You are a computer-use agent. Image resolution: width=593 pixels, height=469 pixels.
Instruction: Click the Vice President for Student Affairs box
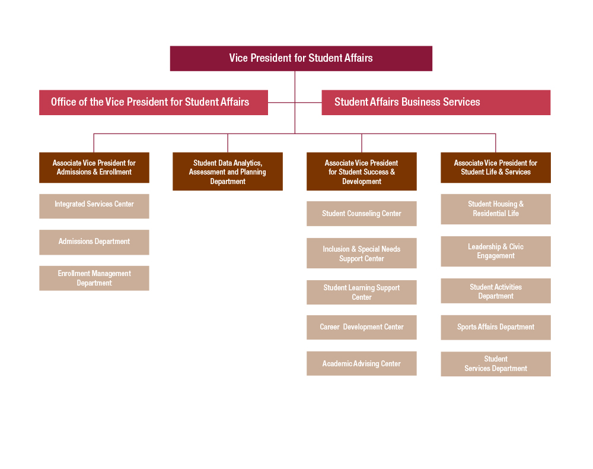click(301, 58)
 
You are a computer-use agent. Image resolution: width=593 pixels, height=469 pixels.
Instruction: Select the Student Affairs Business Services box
click(436, 102)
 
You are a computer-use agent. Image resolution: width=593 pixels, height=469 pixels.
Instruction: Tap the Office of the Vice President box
click(153, 102)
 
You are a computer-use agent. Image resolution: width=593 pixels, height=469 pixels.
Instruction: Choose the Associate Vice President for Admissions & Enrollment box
click(94, 167)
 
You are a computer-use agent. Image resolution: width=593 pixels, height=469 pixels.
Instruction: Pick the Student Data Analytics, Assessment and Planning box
click(228, 172)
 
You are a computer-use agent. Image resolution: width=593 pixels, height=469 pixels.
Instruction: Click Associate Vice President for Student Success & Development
click(361, 172)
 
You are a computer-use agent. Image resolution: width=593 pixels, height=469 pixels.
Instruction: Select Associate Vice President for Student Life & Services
click(495, 167)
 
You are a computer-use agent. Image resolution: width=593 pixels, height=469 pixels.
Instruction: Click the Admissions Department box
click(94, 242)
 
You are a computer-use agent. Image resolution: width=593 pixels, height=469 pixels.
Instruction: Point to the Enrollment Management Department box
click(94, 278)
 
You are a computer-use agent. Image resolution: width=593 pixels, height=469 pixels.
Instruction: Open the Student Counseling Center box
click(361, 214)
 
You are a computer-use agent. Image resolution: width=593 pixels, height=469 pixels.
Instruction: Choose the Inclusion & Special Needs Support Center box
click(361, 253)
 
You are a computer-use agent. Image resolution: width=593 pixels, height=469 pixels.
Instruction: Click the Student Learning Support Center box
click(361, 292)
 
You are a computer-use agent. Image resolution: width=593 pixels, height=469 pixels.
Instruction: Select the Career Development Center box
click(361, 327)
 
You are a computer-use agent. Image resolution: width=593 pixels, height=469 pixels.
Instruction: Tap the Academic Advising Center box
click(361, 363)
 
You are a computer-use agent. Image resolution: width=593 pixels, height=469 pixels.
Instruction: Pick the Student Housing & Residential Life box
click(495, 209)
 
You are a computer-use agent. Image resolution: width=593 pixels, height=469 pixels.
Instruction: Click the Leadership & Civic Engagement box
click(495, 251)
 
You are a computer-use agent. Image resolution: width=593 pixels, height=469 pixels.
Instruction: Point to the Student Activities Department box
click(495, 291)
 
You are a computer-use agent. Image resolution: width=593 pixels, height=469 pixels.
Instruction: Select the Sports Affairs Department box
click(495, 327)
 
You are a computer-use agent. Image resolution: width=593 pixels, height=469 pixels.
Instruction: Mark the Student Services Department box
click(495, 363)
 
